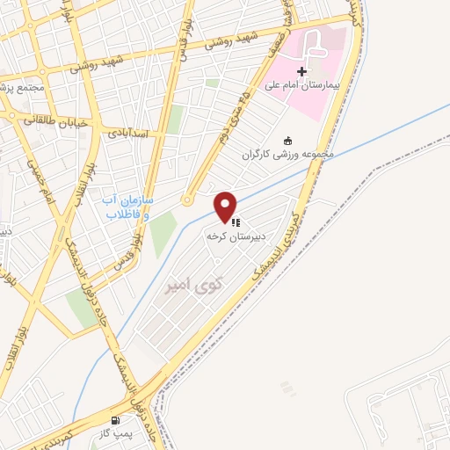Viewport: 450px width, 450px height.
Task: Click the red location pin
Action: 226,206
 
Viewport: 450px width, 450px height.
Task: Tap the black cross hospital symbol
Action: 302,71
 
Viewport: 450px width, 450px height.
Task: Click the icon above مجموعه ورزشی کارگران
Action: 287,141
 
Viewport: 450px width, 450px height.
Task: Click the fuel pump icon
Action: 117,421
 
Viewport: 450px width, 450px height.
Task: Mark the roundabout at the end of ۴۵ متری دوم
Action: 187,200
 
